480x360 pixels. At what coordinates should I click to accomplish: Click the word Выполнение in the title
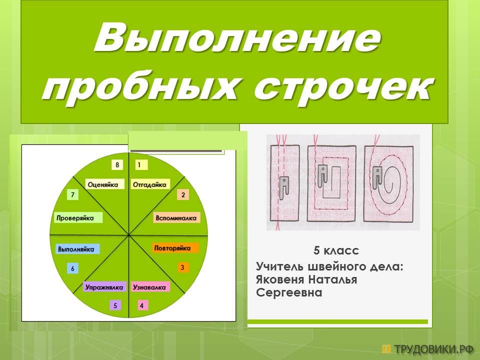point(237,39)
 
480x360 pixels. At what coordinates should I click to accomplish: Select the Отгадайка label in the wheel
point(149,184)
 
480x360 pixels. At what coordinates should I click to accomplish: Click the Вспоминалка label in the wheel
point(176,218)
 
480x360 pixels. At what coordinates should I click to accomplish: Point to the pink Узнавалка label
point(149,287)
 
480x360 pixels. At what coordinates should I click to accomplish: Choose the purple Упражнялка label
point(104,287)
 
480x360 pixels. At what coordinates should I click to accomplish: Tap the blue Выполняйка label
point(76,249)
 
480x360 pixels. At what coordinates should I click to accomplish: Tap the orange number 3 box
point(182,267)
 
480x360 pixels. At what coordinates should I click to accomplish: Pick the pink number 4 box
point(141,305)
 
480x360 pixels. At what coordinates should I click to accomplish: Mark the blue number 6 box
point(72,268)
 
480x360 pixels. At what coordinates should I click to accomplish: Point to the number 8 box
point(117,165)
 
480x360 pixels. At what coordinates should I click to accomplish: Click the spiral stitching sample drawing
point(388,183)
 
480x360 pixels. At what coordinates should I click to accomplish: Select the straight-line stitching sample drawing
point(284,183)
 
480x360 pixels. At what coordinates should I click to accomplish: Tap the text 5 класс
point(336,250)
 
